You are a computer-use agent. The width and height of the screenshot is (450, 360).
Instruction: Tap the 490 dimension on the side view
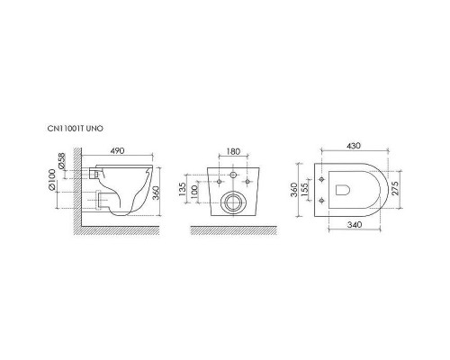point(117,151)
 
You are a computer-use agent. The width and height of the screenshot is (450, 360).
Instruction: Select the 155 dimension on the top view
point(305,191)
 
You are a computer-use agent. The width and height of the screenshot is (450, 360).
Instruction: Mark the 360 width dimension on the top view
point(293,191)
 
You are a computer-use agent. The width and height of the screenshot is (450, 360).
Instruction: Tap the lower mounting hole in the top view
point(322,203)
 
